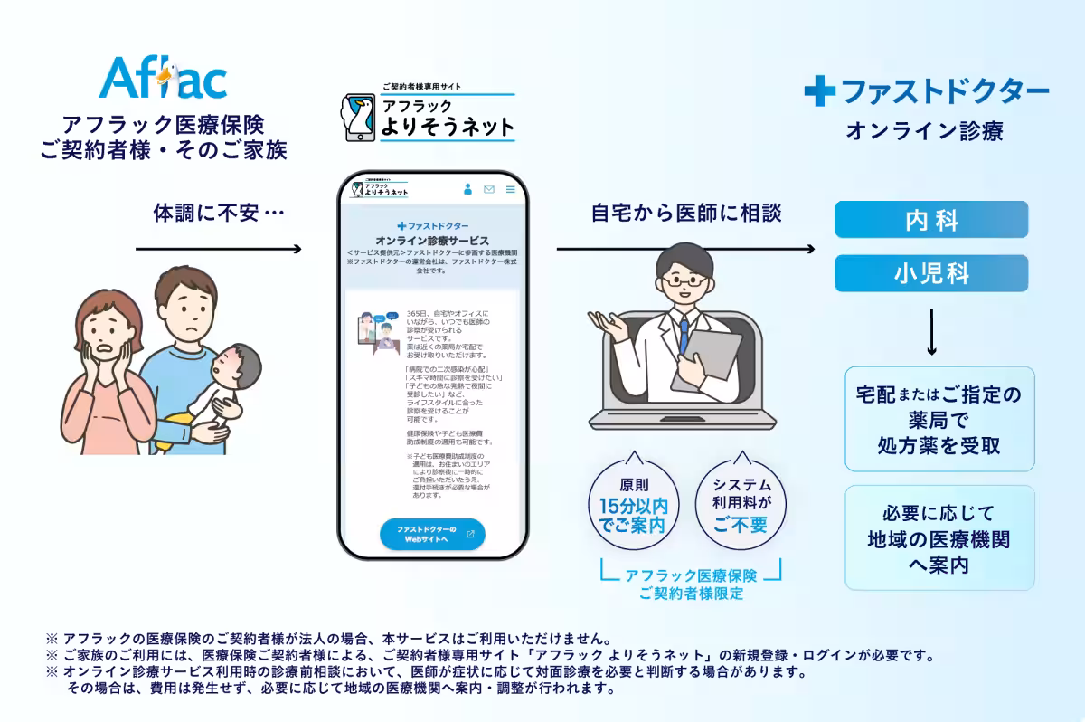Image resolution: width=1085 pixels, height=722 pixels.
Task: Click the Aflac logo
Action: [x=163, y=78]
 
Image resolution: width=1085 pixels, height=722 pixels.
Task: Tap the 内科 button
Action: [x=931, y=220]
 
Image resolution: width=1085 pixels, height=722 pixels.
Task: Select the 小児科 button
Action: [x=931, y=273]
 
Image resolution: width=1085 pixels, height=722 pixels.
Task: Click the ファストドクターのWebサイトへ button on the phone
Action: [x=432, y=534]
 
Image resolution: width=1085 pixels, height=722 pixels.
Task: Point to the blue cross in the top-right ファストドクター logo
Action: [x=819, y=90]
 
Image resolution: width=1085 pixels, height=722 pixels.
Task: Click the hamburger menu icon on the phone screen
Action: [x=510, y=189]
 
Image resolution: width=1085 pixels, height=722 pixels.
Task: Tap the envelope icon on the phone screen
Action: [x=489, y=189]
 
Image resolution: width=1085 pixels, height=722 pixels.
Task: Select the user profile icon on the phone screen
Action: [x=467, y=189]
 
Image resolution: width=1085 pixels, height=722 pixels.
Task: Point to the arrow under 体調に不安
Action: [x=217, y=248]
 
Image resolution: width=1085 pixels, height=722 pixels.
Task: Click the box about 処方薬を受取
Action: [x=939, y=419]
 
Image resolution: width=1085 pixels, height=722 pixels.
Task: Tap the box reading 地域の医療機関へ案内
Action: [x=939, y=538]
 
